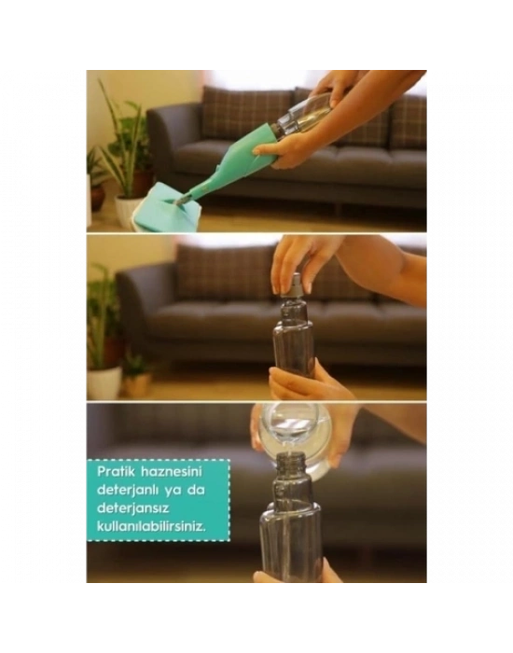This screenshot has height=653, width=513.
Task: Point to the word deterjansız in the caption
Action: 131,509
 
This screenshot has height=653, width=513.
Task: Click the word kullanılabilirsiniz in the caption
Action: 151,526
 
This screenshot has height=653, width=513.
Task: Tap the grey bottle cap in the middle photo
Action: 293,288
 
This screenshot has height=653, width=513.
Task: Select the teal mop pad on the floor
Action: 167,208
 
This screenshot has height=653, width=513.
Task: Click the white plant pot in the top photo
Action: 126,211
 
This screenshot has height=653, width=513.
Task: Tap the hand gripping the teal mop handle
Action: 280,151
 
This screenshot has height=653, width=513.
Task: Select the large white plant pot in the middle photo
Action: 104,382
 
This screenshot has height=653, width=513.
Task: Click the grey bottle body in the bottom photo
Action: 291,529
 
